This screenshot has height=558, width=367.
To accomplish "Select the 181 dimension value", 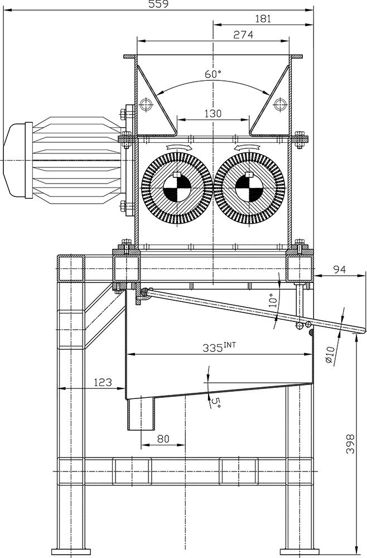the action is click(x=263, y=18).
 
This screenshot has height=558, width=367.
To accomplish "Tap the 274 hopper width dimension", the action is click(x=243, y=35).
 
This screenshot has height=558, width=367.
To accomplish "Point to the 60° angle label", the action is click(x=213, y=74).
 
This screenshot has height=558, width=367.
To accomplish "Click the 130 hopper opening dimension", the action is click(x=213, y=113).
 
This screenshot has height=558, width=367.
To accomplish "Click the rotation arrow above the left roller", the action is click(x=178, y=147).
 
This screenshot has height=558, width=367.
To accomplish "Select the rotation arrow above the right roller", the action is click(x=246, y=147).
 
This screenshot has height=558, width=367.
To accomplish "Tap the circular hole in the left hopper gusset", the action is click(x=146, y=104).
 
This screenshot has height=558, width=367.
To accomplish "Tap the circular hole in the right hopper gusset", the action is click(x=280, y=104).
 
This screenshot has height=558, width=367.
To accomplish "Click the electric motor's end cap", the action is click(x=18, y=160).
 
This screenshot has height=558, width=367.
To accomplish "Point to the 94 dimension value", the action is click(x=339, y=269).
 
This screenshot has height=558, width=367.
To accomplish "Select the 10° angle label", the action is click(x=272, y=300).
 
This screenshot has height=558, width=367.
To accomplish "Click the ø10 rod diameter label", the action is click(x=330, y=355).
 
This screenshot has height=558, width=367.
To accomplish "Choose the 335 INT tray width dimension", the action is click(x=219, y=347).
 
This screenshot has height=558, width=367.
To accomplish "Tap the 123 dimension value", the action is click(x=103, y=382).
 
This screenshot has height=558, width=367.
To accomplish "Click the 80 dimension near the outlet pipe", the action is click(x=163, y=439).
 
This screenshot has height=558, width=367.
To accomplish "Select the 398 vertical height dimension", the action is click(x=350, y=444).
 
